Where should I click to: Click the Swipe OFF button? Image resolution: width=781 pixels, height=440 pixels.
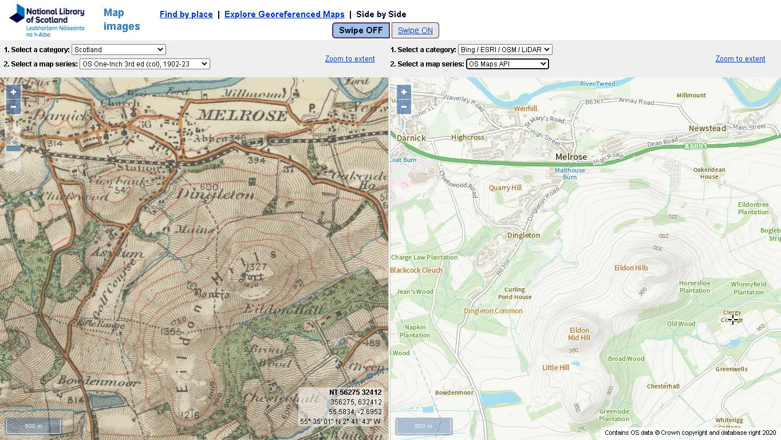[361, 30]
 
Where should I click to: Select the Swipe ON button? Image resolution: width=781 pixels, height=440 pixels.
[415, 30]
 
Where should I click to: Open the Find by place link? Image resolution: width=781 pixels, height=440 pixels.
[186, 14]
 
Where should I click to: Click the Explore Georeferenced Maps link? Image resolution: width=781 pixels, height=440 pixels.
[285, 14]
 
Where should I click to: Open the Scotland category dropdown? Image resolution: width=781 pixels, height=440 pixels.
[119, 50]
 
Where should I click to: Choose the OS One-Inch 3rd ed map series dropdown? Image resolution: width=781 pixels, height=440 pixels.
[144, 64]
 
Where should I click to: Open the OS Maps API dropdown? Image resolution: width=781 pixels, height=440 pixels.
[507, 64]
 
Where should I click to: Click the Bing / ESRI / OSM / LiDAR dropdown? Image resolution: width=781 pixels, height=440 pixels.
[505, 50]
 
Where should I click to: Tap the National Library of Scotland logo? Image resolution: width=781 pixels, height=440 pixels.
[47, 20]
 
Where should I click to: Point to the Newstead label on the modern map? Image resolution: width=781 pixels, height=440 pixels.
[707, 128]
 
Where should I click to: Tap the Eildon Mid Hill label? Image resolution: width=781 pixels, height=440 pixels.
[579, 334]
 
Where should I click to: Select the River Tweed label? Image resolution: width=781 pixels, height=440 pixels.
[597, 84]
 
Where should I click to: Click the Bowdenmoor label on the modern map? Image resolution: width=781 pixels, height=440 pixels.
[454, 393]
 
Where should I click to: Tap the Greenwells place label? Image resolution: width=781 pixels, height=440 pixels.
[731, 370]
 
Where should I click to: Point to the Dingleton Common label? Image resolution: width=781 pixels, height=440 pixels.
[493, 311]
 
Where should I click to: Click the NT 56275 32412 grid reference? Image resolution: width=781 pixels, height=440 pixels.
[355, 392]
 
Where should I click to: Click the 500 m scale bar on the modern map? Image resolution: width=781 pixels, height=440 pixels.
[424, 426]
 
